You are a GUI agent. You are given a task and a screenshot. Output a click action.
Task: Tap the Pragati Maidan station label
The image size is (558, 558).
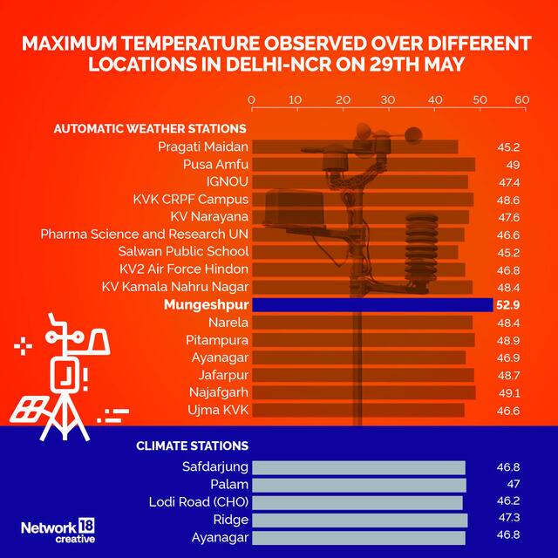click(203, 146)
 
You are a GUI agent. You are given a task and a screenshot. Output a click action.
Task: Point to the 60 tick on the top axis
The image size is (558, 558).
click(521, 100)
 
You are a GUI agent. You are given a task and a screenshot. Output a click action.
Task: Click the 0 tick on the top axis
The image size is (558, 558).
click(252, 100)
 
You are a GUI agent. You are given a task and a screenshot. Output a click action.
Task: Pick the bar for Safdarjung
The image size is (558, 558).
click(358, 467)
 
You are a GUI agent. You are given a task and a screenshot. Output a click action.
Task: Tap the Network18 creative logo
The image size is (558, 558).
click(58, 531)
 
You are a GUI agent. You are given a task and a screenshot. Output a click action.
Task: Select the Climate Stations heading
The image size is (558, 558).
click(192, 446)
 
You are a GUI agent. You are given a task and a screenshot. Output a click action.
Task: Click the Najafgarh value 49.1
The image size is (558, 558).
click(507, 392)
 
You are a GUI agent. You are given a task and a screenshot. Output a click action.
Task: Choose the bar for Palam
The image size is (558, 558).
click(359, 485)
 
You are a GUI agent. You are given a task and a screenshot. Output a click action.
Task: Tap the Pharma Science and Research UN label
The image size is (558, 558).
click(145, 235)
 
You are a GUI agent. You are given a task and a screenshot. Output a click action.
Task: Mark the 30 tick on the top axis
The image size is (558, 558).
click(387, 100)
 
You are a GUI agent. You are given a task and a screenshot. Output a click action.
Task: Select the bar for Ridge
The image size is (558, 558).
click(359, 521)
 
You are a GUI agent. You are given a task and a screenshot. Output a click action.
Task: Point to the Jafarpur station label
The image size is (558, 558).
click(218, 375)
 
